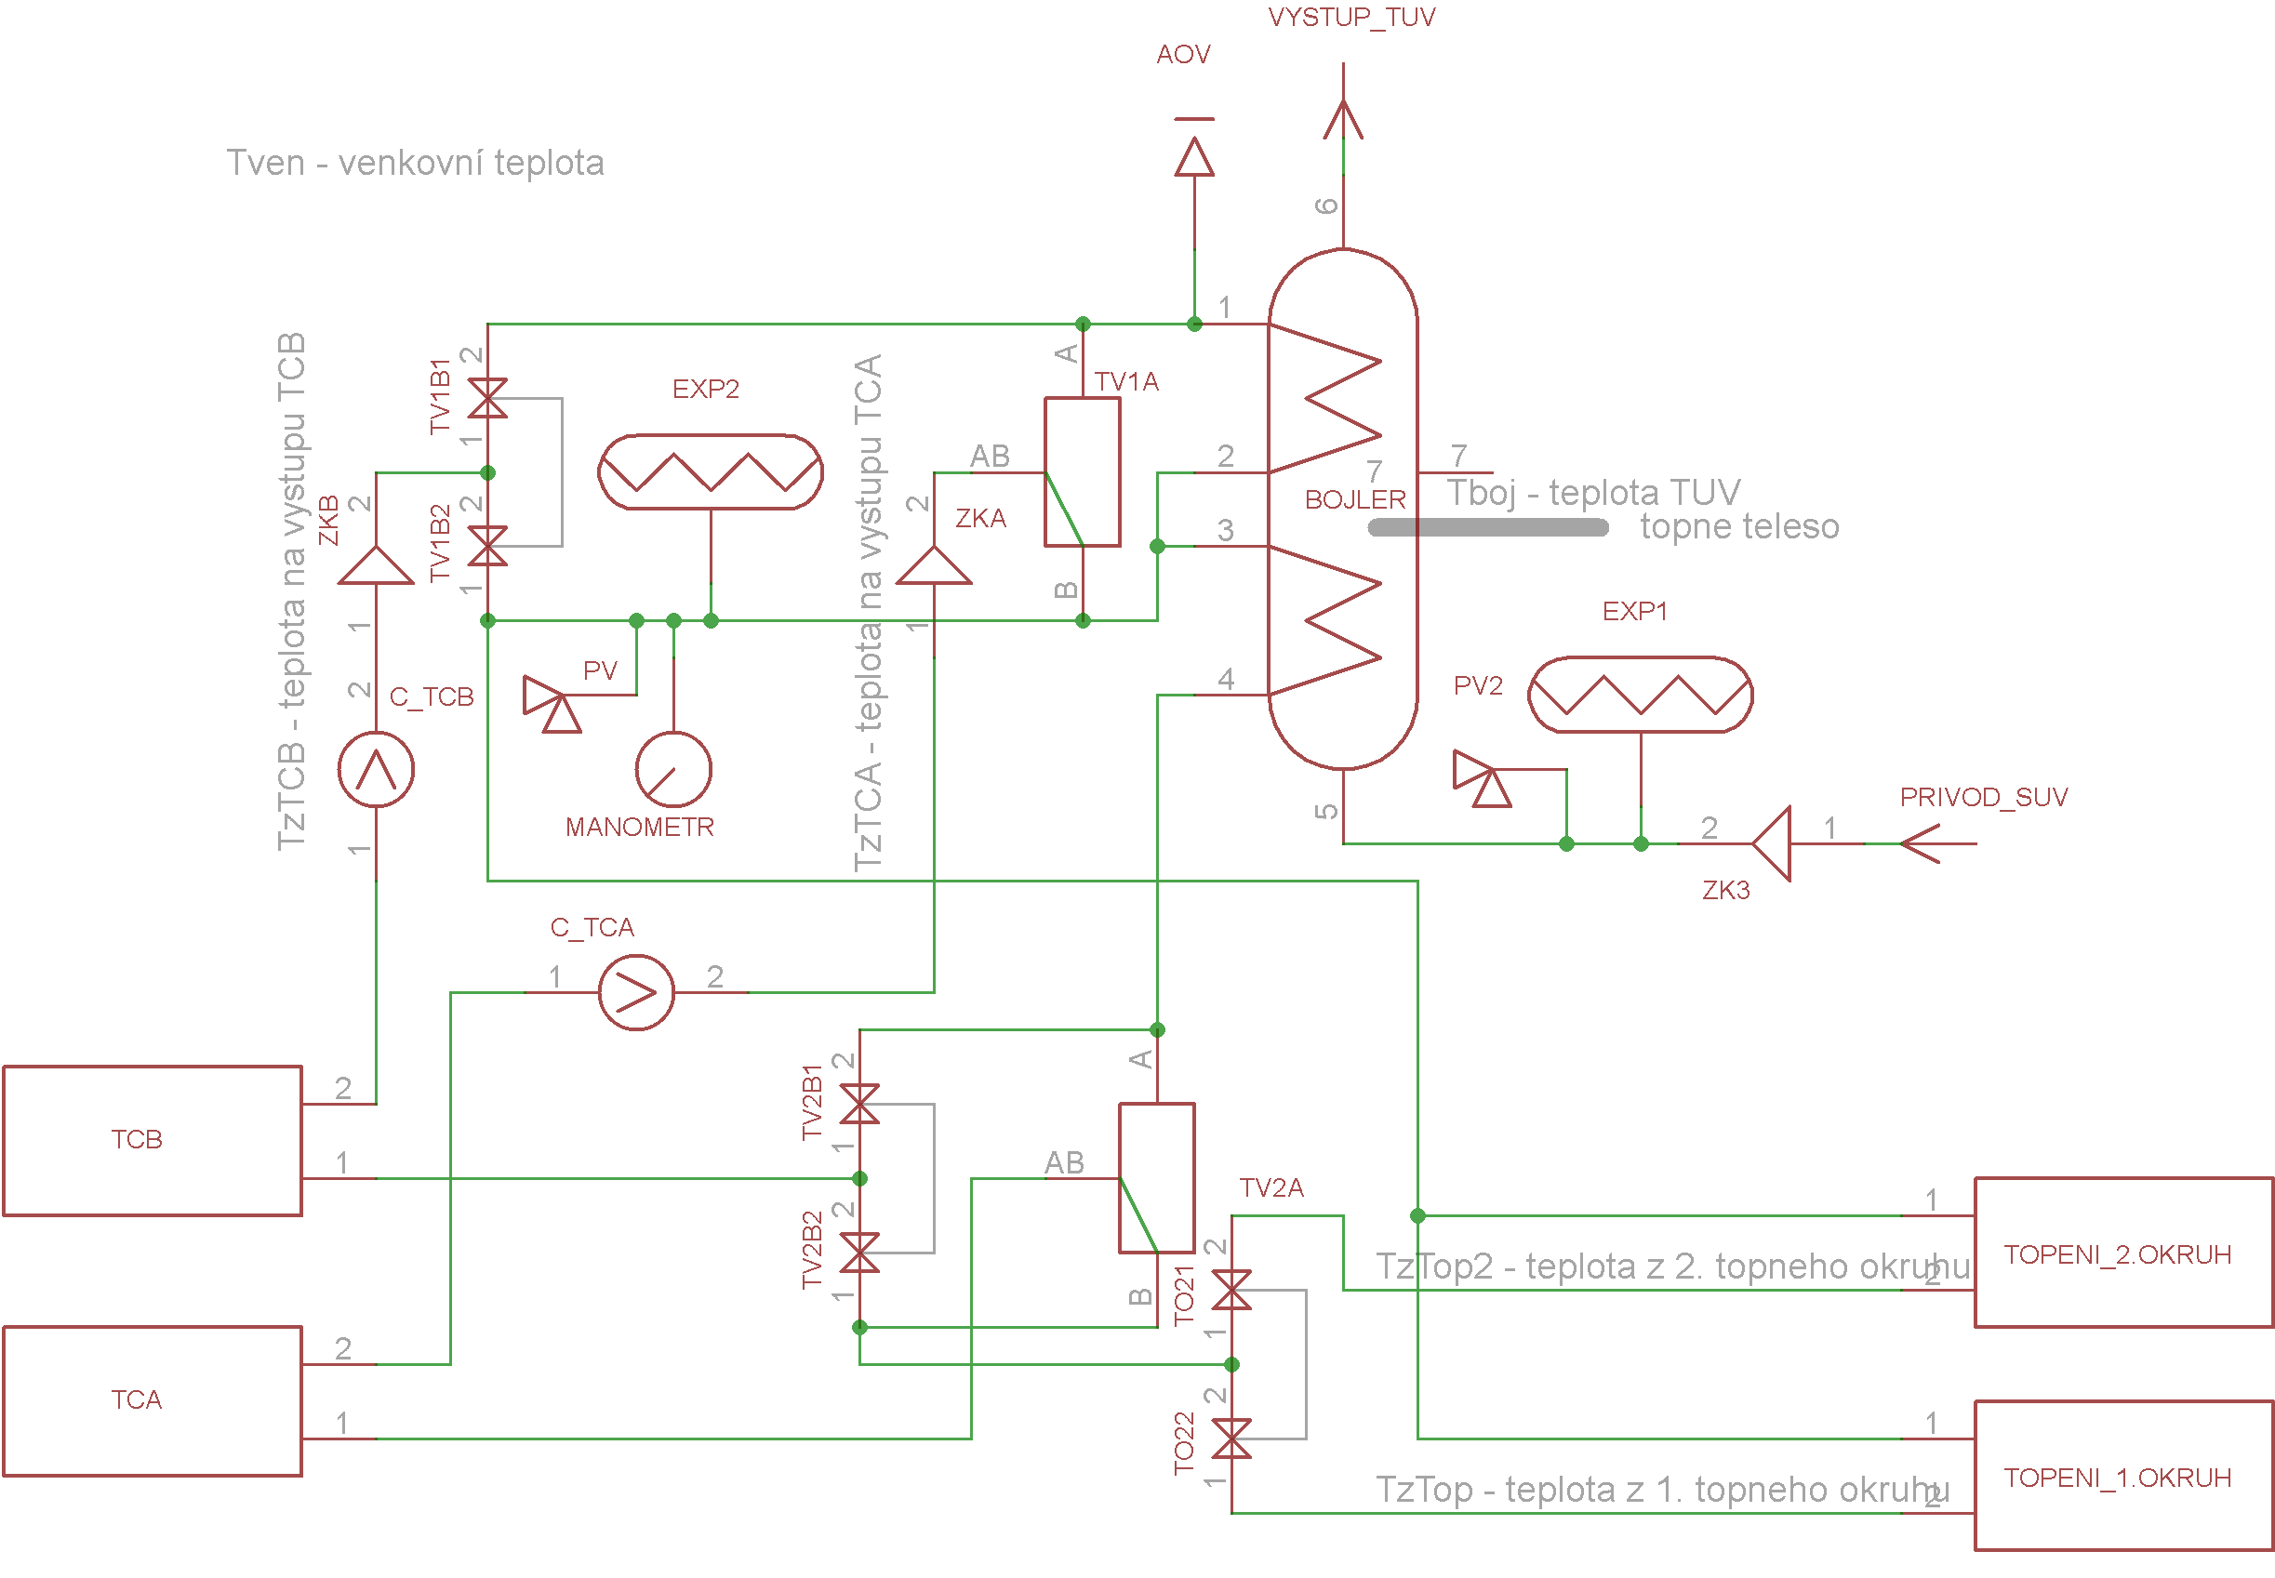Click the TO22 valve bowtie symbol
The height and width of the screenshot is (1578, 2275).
(1231, 1439)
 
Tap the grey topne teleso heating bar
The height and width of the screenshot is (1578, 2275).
(1488, 528)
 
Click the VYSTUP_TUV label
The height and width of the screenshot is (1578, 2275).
(1351, 17)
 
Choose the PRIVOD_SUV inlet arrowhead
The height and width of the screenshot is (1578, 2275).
(1920, 843)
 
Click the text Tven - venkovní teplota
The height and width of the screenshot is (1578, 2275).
(415, 162)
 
